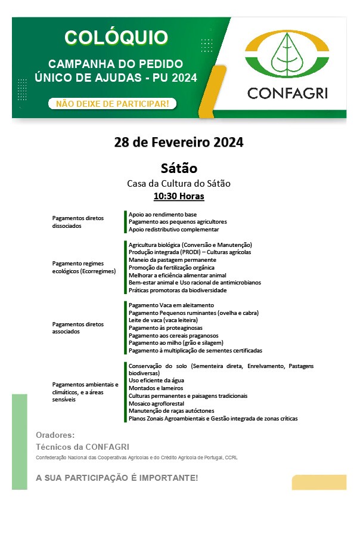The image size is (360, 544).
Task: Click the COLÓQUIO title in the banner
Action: coord(117,38)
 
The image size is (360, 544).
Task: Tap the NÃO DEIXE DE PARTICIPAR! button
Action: coord(112,104)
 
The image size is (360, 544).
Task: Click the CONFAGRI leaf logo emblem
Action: coord(287,55)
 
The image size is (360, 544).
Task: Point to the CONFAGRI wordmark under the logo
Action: coord(287,93)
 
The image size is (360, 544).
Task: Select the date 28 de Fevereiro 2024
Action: coord(179,143)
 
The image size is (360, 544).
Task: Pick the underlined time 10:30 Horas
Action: coord(179,196)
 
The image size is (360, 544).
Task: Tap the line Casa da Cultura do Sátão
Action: coord(179,183)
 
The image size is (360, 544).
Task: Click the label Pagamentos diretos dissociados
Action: coord(78,222)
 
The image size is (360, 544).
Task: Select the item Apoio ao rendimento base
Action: coord(163,214)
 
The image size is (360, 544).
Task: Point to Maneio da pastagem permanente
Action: coord(164,260)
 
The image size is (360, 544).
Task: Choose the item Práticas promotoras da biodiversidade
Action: coord(178,290)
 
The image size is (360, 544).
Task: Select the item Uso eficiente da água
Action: coord(156,381)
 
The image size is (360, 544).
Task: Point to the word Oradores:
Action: coord(55,435)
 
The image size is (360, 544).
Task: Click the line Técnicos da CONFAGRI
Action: coord(82,447)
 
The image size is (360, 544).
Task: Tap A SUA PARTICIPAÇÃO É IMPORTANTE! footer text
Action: coord(117,478)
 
